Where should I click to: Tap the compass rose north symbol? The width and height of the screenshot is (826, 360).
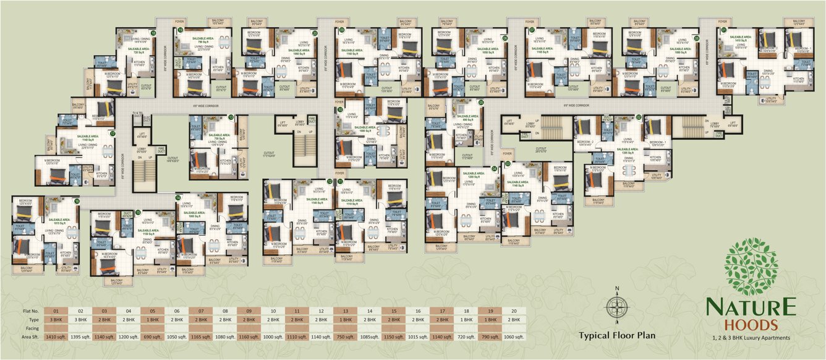616,306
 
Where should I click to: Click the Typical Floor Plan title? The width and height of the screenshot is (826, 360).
616,336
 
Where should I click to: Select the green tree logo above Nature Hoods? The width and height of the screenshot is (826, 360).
751,267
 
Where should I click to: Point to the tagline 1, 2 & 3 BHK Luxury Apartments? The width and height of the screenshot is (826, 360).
751,337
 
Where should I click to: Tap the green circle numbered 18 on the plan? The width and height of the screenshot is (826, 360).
153,33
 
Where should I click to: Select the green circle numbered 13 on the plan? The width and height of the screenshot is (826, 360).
231,117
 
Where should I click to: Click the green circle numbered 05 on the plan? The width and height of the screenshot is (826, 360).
481,103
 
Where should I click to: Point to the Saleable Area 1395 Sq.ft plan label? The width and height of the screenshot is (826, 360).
628,152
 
